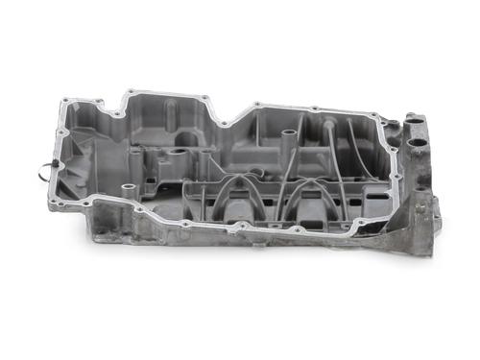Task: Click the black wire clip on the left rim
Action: pyautogui.click(x=44, y=172)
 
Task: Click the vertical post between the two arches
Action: pyautogui.click(x=276, y=197)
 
